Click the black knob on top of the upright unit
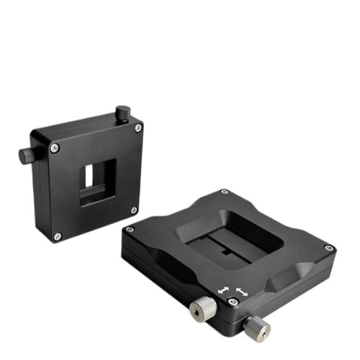pyautogui.click(x=123, y=113)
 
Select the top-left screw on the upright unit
pyautogui.click(x=55, y=148)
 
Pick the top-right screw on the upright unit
pyautogui.click(x=138, y=127)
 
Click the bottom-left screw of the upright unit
pyautogui.click(x=58, y=235)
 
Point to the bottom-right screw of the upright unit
pyautogui.click(x=134, y=210)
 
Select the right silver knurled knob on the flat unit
pyautogui.click(x=255, y=328)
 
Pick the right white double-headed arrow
pyautogui.click(x=241, y=294)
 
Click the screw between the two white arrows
pyautogui.click(x=232, y=302)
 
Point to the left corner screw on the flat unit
pyautogui.click(x=130, y=229)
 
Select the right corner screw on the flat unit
pyautogui.click(x=329, y=248)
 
